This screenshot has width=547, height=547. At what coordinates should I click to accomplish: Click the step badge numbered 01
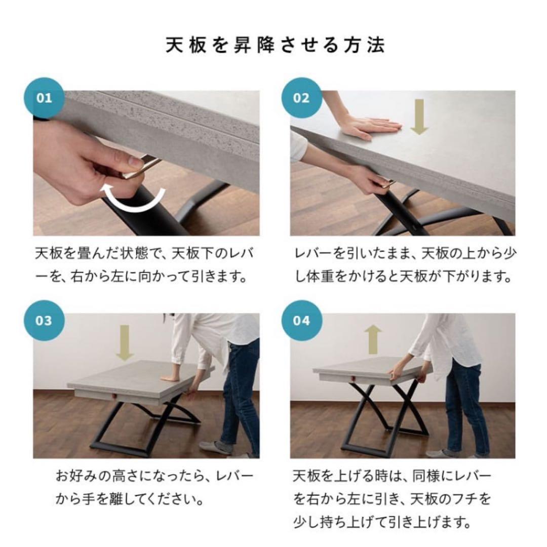tap(45, 98)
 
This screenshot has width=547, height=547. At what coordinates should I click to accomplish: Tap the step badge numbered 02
tap(301, 98)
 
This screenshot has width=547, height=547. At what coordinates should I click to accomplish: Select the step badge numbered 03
tap(45, 321)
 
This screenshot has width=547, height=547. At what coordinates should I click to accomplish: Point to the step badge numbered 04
tap(301, 321)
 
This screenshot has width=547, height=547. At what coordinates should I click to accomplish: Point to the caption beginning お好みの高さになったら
tap(154, 488)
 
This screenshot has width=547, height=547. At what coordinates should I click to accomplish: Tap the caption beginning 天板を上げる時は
tap(393, 498)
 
